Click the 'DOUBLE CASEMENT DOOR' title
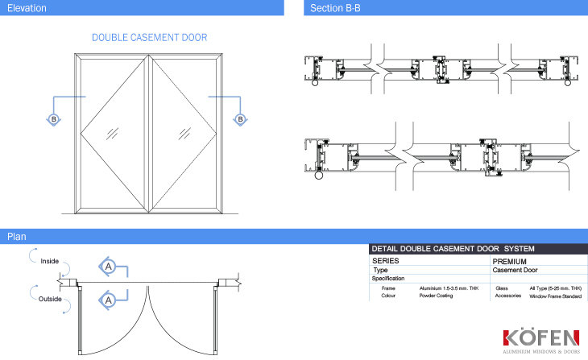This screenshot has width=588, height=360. click(x=149, y=38)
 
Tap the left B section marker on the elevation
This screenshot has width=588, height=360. click(x=54, y=120)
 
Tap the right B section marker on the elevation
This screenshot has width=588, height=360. click(x=240, y=120)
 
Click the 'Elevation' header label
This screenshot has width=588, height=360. click(x=27, y=8)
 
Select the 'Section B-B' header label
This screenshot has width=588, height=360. click(x=335, y=8)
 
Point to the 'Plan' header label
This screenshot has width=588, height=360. click(x=16, y=237)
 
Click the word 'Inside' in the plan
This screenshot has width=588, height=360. click(x=49, y=261)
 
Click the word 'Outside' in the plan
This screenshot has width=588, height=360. click(x=50, y=299)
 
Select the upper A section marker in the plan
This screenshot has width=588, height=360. click(x=108, y=267)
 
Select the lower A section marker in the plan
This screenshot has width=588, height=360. click(x=108, y=300)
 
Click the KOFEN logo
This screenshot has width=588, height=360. click(x=541, y=341)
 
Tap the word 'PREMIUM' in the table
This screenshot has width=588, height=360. click(x=509, y=262)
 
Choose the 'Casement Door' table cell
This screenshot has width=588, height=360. click(x=515, y=270)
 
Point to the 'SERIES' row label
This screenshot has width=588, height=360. click(x=386, y=261)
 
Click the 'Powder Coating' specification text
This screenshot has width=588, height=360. click(x=436, y=296)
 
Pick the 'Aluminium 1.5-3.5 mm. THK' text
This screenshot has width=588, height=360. click(x=449, y=288)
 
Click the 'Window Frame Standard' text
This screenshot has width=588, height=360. click(x=555, y=296)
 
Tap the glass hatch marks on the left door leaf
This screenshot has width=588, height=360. click(x=112, y=134)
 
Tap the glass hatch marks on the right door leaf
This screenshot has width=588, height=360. click(x=184, y=134)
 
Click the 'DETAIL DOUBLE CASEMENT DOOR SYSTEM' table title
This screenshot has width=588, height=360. click(x=453, y=249)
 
